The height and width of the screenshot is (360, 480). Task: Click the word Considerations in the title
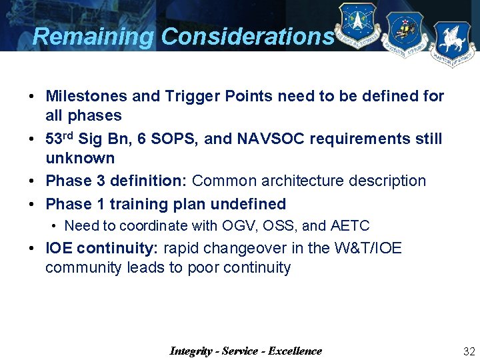[247, 37]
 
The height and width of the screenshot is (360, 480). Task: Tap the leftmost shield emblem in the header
[357, 26]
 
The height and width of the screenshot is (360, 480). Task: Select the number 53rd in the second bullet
[59, 139]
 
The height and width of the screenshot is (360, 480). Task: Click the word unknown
[80, 159]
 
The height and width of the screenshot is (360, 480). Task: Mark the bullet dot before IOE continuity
[32, 249]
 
